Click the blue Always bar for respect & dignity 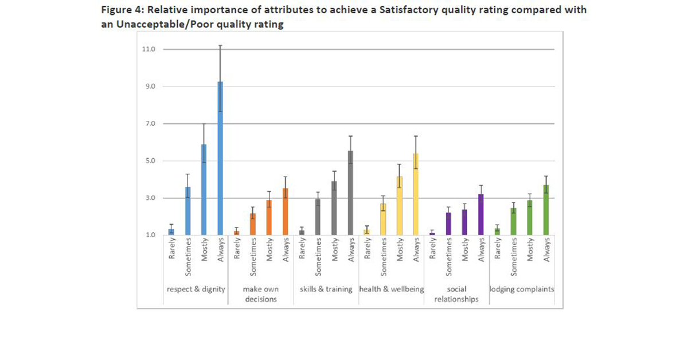tap(220, 161)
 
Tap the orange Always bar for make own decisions tap(286, 212)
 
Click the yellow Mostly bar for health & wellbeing tap(399, 206)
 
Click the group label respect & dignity tap(196, 289)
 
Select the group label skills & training tap(326, 289)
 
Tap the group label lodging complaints tap(522, 289)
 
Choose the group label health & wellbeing tap(391, 289)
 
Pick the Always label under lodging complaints tap(547, 251)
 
